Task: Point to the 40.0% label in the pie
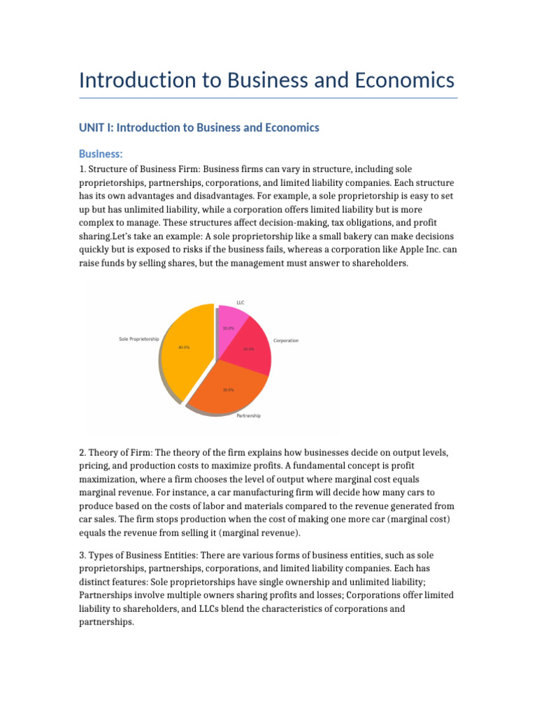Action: (x=184, y=347)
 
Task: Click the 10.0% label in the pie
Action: (x=228, y=328)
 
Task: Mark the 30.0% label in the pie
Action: (x=228, y=389)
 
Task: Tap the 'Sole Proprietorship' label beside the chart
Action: (x=139, y=339)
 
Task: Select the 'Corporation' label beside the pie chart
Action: (x=285, y=341)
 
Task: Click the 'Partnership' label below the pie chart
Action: (x=248, y=415)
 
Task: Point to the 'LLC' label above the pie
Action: (x=241, y=302)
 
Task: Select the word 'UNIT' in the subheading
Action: (x=93, y=127)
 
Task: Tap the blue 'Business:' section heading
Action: (x=101, y=154)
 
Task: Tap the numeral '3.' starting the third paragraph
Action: (x=83, y=555)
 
